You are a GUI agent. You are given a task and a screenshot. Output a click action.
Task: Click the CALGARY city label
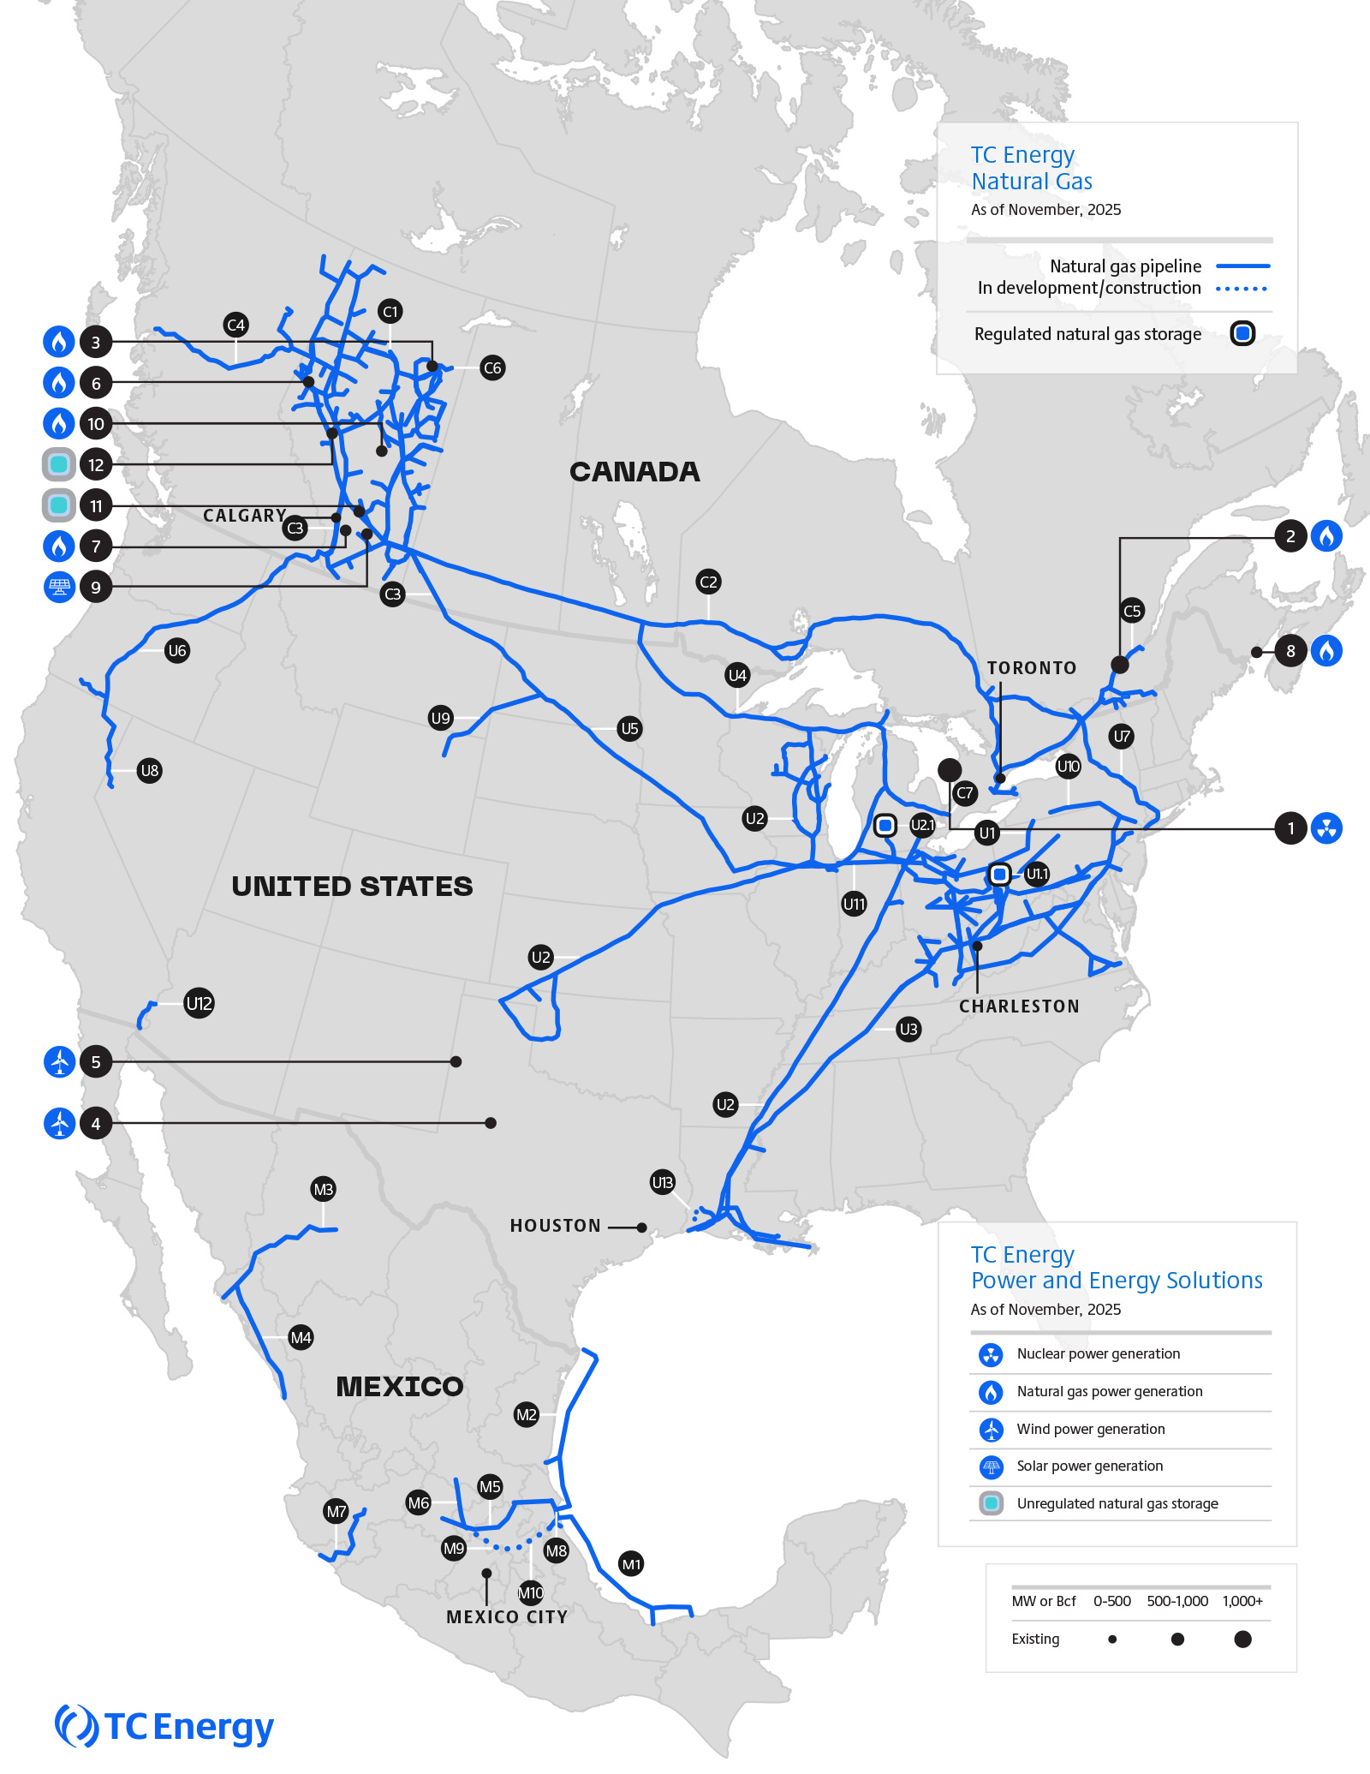pyautogui.click(x=244, y=516)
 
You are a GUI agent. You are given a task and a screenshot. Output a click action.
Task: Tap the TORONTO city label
pyautogui.click(x=1032, y=668)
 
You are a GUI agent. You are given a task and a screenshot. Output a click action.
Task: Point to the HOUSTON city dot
pyautogui.click(x=641, y=1227)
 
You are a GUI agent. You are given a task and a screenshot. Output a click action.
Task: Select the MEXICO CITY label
pyautogui.click(x=507, y=1617)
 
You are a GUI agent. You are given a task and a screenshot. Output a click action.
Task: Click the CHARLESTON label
pyautogui.click(x=1019, y=1006)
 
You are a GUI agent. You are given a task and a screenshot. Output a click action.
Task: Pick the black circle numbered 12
pyautogui.click(x=96, y=465)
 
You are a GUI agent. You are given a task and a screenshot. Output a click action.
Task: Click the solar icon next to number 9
pyautogui.click(x=59, y=587)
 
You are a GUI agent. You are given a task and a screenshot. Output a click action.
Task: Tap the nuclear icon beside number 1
pyautogui.click(x=1326, y=828)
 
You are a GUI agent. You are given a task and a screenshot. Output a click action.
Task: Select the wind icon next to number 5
pyautogui.click(x=59, y=1062)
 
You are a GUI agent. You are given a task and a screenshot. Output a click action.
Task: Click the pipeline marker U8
pyautogui.click(x=150, y=771)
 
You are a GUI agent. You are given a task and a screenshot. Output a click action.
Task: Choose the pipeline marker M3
pyautogui.click(x=323, y=1189)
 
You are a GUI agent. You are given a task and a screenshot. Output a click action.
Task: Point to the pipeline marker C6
pyautogui.click(x=492, y=368)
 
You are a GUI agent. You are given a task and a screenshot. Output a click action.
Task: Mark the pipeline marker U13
pyautogui.click(x=663, y=1183)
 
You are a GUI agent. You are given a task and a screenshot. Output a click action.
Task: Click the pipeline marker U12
pyautogui.click(x=199, y=1003)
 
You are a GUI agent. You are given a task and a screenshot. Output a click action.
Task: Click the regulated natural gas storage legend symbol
pyautogui.click(x=1242, y=333)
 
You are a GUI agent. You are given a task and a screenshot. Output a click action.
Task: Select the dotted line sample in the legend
pyautogui.click(x=1242, y=289)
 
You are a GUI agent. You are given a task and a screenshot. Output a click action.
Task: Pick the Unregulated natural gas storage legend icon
pyautogui.click(x=991, y=1503)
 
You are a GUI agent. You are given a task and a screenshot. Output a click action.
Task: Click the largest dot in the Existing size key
pyautogui.click(x=1243, y=1640)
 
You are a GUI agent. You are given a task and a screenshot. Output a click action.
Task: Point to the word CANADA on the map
pyautogui.click(x=634, y=472)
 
